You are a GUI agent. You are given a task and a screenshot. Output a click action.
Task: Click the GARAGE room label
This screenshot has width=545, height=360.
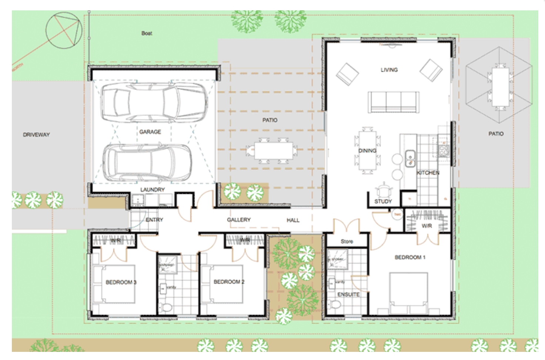(150, 132)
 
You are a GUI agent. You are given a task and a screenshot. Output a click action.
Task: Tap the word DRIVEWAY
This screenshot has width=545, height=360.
(36, 135)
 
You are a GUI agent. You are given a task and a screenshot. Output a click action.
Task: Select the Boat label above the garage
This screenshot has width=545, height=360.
(147, 33)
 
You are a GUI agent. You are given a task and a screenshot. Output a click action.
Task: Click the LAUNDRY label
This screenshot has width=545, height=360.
(152, 190)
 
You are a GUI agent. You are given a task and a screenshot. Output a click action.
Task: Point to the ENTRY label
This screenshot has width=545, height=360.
(154, 220)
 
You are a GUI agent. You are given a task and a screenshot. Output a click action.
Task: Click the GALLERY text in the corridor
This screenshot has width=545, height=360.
(239, 220)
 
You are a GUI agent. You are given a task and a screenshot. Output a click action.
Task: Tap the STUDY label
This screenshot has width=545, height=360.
(383, 201)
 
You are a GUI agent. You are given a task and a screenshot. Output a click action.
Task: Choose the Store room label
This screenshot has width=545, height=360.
(347, 241)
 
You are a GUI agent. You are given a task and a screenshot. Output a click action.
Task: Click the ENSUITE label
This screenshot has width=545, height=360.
(348, 294)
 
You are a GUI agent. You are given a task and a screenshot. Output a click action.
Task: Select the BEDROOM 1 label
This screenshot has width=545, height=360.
(410, 257)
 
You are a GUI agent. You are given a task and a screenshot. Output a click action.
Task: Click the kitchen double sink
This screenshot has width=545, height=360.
(409, 158)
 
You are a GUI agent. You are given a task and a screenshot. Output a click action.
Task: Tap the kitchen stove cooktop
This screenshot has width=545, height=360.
(444, 150)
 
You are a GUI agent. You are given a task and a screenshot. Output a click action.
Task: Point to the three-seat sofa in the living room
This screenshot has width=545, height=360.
(394, 102)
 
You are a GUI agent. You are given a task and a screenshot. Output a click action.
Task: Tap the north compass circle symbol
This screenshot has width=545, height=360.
(64, 31)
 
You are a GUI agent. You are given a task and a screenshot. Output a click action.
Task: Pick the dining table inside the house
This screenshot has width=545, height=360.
(367, 151)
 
